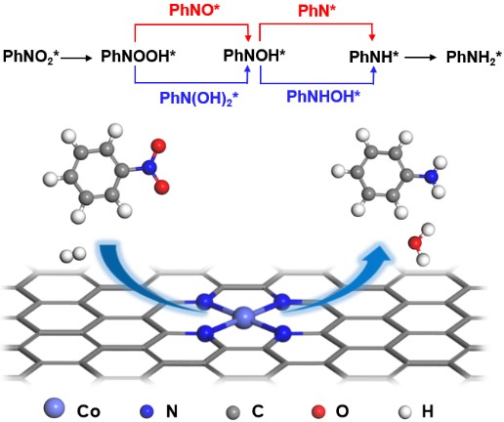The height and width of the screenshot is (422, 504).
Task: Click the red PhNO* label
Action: point(194,11)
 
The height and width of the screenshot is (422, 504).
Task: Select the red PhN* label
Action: point(316,11)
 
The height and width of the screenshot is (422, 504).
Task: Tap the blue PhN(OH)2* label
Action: point(198,98)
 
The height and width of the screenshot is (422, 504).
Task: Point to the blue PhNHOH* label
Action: point(323,97)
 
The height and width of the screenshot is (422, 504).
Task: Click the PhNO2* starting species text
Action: point(31,57)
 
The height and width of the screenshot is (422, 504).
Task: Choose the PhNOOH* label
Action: point(138,56)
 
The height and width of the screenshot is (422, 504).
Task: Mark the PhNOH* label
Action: point(254,56)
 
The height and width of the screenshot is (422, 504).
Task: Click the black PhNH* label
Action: point(373,58)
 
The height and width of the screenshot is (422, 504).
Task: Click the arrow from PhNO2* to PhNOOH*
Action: point(77,59)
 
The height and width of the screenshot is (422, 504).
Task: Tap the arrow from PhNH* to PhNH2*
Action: point(420,58)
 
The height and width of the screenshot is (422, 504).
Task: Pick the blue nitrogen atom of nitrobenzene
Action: point(149,167)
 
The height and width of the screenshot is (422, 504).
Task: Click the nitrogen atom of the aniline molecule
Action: point(432,177)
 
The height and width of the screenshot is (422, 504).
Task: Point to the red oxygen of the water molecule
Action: point(415,242)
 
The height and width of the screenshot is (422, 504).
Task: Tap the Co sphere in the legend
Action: point(54,408)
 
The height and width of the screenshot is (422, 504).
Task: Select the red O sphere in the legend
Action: point(318,411)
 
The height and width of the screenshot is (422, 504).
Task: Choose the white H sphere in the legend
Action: point(404,412)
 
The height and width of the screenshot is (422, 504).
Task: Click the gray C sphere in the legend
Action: point(232,412)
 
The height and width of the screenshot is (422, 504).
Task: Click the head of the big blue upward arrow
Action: point(378,254)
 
